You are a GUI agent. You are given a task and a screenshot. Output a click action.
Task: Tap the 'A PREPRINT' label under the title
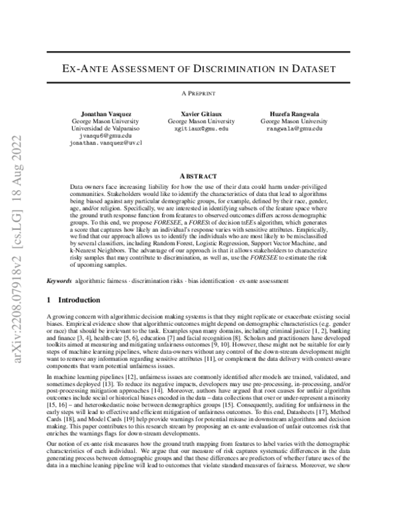[198, 93]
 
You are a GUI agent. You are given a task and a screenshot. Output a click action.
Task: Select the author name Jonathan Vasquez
[106, 113]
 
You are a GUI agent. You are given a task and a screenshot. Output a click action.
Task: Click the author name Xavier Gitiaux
[198, 113]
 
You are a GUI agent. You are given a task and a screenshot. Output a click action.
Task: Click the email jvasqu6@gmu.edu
[106, 136]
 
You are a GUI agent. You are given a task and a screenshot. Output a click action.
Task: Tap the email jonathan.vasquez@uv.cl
[106, 143]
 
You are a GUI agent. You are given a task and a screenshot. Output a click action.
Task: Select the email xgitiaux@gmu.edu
[198, 128]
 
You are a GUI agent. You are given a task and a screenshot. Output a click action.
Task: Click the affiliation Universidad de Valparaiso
[106, 128]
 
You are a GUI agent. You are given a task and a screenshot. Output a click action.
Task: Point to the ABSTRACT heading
[198, 176]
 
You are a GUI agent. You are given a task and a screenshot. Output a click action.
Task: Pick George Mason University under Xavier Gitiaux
[198, 121]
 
